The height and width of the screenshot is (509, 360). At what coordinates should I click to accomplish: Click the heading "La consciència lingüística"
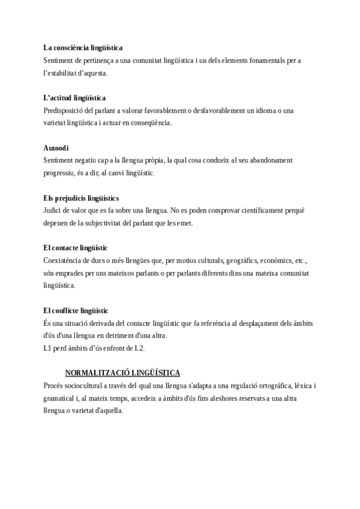click(83, 47)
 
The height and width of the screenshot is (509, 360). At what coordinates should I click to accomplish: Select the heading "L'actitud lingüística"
click(74, 97)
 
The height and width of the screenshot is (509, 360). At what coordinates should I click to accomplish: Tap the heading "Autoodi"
click(56, 148)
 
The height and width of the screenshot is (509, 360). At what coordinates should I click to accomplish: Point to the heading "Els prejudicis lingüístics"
click(81, 197)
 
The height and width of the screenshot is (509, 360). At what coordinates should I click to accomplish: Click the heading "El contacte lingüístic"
click(75, 247)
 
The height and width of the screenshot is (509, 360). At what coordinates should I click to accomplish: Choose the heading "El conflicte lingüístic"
click(76, 310)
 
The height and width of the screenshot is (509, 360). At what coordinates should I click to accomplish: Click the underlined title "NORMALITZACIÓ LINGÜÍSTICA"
click(122, 372)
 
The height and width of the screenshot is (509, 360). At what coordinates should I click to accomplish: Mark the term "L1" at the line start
click(48, 348)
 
